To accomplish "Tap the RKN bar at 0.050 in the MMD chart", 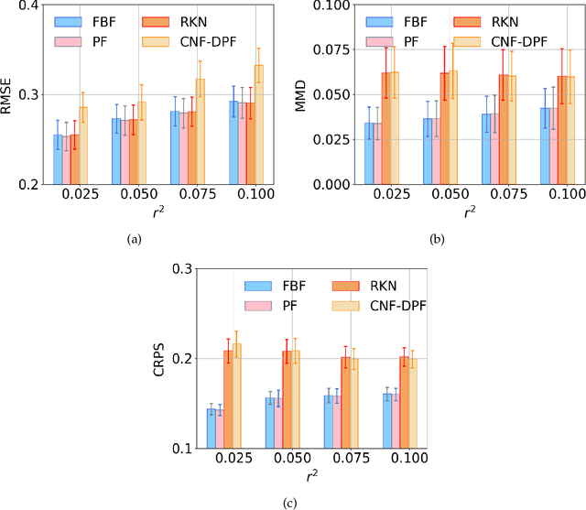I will point(445,128).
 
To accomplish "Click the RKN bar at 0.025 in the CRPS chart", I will point(229,399).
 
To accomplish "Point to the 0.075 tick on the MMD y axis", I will point(339,50).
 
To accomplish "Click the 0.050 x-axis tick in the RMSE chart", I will point(129,197).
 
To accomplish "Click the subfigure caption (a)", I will point(135,240).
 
